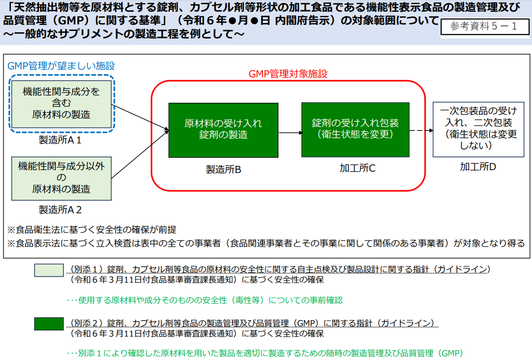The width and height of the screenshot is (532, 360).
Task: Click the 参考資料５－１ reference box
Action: (485, 26)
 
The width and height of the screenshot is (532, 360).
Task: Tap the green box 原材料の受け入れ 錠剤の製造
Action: (223, 130)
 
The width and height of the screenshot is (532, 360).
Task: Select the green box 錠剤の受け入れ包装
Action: (355, 130)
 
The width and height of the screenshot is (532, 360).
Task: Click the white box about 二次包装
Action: (479, 130)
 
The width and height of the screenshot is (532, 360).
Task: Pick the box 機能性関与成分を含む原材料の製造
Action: (61, 104)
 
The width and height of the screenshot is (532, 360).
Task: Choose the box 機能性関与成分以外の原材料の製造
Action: (61, 179)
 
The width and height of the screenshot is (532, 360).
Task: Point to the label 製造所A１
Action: (60, 140)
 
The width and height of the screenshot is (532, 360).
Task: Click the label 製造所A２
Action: (60, 210)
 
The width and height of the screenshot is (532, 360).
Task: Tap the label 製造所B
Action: (223, 169)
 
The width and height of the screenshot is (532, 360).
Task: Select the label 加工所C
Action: (357, 168)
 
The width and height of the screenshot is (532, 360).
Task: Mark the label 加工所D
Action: (478, 166)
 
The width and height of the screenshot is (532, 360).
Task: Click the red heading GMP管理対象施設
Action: (288, 74)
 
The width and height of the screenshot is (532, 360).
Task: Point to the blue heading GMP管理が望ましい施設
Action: (61, 66)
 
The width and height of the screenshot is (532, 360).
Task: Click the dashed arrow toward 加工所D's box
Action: (421, 130)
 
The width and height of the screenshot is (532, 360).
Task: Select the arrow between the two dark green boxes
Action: (290, 133)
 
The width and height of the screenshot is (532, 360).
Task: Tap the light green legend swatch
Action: (49, 270)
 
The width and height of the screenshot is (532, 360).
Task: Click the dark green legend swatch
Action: (49, 324)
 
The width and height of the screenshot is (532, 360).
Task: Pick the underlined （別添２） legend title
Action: (252, 323)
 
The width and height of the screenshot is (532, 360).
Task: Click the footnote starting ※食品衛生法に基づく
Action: (91, 230)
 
